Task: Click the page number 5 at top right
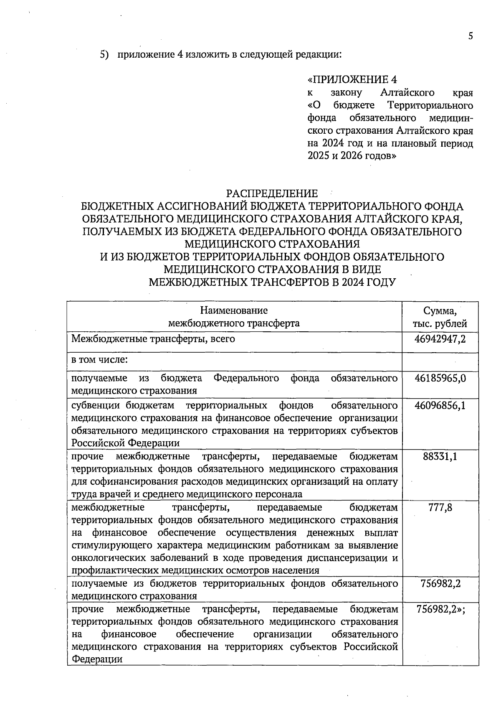tap(471, 36)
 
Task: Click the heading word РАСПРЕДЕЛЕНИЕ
tap(272, 193)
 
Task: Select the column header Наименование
tap(234, 310)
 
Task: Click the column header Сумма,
tap(440, 311)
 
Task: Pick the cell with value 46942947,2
tap(440, 339)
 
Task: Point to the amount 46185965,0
tap(440, 378)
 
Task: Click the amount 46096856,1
tap(440, 405)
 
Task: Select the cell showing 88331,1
tap(440, 456)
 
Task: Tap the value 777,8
tap(440, 508)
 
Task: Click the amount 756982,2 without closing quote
tap(440, 583)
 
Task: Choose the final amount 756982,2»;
tap(441, 609)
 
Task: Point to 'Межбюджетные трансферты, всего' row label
tap(153, 339)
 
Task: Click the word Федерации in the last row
tap(97, 659)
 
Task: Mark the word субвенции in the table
tap(96, 405)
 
